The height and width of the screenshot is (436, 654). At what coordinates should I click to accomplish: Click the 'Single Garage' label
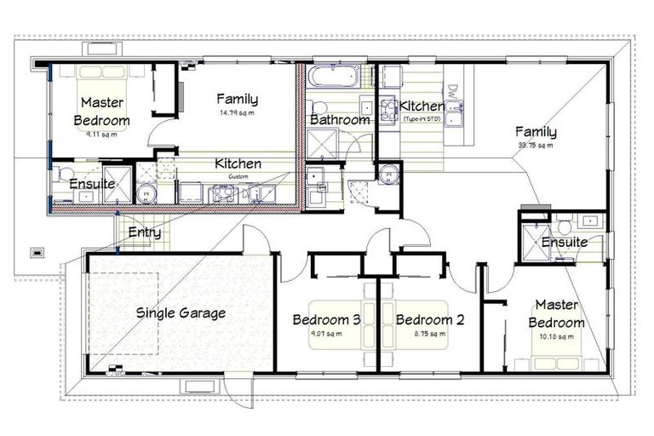pos(181,313)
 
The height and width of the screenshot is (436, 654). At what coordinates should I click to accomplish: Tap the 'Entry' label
pos(144,232)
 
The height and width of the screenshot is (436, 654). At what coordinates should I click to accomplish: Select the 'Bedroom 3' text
pos(326,320)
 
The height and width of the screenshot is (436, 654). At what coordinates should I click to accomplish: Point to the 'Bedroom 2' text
pos(430,320)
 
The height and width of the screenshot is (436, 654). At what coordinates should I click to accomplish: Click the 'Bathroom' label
pos(340,120)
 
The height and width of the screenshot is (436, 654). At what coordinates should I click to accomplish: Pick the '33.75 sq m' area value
pos(536,146)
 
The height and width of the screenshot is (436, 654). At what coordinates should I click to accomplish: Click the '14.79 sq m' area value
pos(237,113)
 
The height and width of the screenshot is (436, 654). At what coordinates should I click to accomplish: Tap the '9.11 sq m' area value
pos(101,135)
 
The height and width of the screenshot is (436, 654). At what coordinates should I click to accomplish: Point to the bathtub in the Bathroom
pos(327,77)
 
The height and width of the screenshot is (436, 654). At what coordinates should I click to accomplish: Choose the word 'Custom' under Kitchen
pos(238,176)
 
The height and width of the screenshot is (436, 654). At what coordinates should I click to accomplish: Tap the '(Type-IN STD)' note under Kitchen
pos(421,119)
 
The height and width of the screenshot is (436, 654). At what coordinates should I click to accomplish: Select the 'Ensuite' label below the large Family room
pos(564,243)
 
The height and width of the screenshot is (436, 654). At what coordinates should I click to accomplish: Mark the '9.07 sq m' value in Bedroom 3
pos(326,334)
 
